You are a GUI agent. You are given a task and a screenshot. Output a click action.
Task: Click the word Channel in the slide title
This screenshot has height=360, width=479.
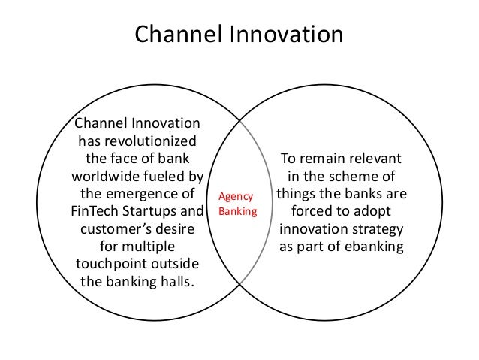coord(174,35)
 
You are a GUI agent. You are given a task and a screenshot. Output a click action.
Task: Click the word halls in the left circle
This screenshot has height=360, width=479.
coord(175,282)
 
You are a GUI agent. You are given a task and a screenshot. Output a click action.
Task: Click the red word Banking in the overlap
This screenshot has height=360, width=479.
coord(236,211)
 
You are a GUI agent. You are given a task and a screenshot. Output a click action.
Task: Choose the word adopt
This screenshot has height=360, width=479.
coord(370,212)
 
